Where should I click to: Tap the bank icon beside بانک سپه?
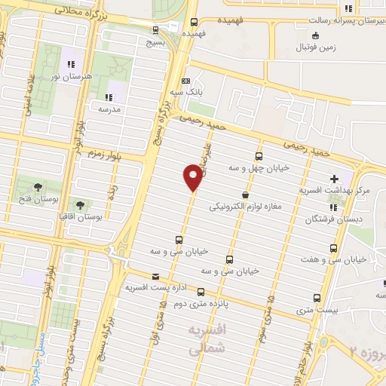tap(186, 81)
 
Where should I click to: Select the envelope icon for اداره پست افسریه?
tap(156, 276)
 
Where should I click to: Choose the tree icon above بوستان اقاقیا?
tap(80, 204)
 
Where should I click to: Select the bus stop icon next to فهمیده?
tap(195, 22)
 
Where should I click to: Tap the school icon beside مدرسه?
tap(109, 96)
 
